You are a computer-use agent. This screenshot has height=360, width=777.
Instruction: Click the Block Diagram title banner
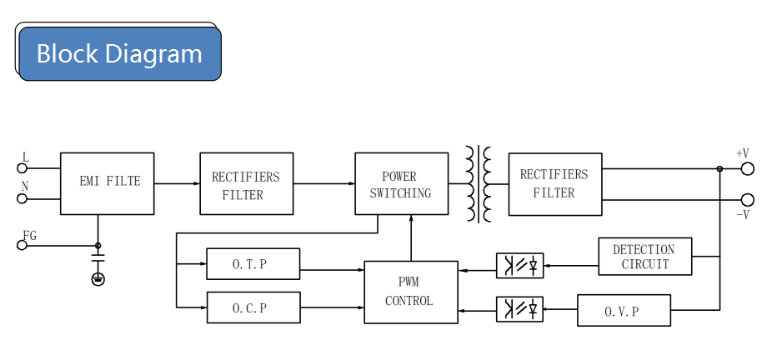(120, 53)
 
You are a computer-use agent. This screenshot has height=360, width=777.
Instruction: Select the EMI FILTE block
(107, 183)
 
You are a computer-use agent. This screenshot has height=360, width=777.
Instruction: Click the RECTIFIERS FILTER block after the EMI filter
(246, 183)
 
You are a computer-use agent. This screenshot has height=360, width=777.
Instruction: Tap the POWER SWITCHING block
(401, 183)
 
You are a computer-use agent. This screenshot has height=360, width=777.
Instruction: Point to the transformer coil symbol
(479, 183)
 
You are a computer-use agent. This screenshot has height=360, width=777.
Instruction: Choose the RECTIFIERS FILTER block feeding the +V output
(555, 183)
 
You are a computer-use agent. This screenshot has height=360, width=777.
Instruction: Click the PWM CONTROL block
(411, 292)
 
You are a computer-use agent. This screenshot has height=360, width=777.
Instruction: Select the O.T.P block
(253, 264)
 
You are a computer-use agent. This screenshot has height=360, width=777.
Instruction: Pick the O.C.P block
(253, 307)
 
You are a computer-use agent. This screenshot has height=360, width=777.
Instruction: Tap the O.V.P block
(624, 311)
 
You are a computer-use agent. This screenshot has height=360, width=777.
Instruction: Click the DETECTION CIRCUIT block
(645, 257)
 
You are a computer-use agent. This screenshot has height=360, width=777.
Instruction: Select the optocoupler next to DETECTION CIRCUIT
(520, 266)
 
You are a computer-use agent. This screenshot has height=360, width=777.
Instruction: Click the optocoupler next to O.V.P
(520, 309)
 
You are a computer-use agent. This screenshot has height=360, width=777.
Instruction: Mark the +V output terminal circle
(747, 169)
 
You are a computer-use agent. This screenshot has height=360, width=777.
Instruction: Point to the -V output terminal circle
(747, 199)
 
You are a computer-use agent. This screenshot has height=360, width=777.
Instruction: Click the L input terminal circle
(22, 168)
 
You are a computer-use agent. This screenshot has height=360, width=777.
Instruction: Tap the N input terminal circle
(22, 198)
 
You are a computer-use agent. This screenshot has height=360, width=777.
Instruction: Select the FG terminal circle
(22, 245)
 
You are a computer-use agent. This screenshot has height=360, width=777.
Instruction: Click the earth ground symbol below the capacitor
(98, 279)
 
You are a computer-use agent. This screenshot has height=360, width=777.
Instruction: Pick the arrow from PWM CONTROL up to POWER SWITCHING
(411, 238)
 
